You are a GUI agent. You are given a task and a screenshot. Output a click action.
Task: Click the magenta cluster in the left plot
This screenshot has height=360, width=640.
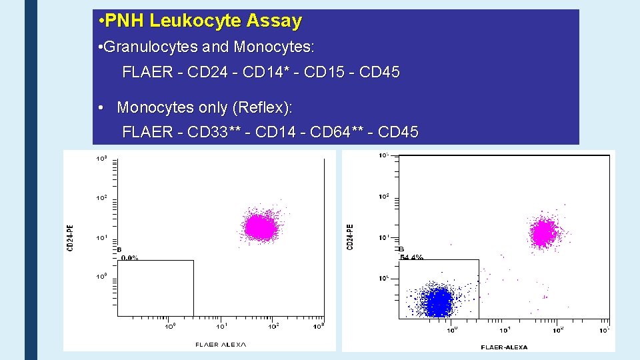[260, 227]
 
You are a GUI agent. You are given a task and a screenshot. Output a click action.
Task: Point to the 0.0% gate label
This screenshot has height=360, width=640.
[129, 257]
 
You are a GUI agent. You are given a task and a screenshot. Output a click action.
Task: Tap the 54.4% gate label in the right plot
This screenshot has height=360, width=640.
[411, 257]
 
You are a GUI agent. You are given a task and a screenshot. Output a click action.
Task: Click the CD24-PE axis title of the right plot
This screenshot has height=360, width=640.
[350, 237]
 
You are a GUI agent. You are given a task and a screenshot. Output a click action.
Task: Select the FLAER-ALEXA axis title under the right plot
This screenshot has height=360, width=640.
[504, 347]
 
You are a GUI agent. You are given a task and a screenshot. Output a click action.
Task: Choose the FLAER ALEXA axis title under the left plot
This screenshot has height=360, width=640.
[221, 344]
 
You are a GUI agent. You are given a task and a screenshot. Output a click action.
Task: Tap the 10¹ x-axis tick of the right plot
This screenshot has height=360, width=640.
[505, 329]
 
